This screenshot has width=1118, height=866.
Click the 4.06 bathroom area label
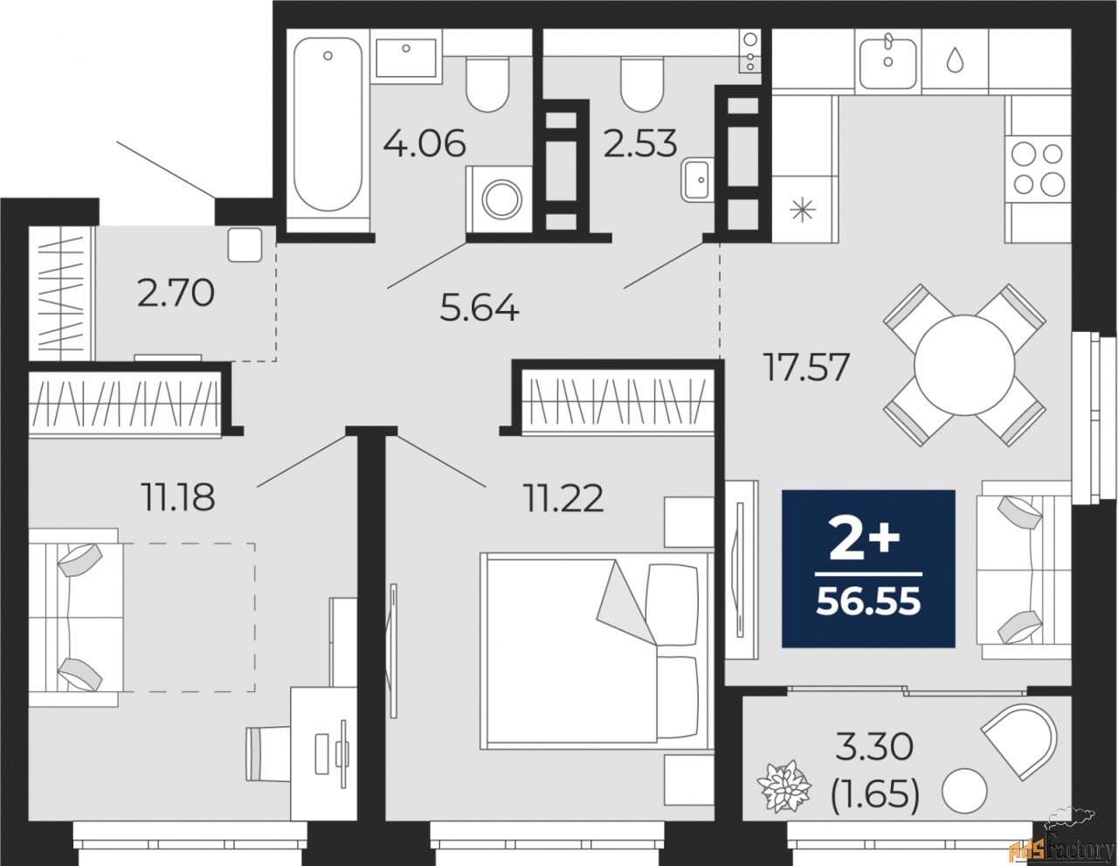pyautogui.click(x=425, y=142)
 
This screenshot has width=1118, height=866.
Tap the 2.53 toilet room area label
pyautogui.click(x=640, y=143)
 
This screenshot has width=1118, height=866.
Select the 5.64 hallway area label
pyautogui.click(x=480, y=308)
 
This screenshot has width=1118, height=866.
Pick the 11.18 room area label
pyautogui.click(x=177, y=497)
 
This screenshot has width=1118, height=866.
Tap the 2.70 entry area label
pyautogui.click(x=176, y=293)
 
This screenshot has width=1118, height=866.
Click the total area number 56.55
pyautogui.click(x=868, y=602)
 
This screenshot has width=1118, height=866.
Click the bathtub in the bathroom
pyautogui.click(x=327, y=127)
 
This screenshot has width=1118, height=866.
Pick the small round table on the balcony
pyautogui.click(x=966, y=791)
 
